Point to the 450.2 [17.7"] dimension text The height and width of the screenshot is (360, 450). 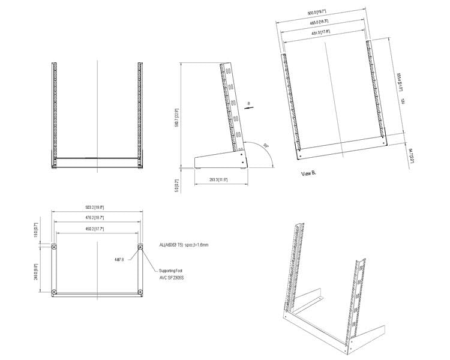96,228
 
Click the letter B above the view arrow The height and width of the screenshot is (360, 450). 248,103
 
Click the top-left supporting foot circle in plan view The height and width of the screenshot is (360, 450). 54,247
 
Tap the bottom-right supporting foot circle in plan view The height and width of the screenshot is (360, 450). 140,293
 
